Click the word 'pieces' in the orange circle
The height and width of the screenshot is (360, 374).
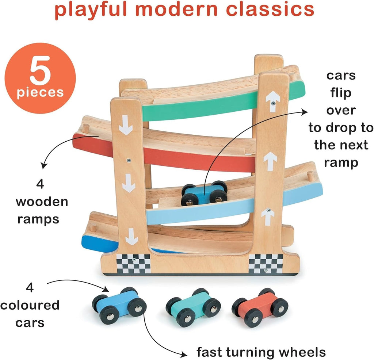click(x=41, y=92)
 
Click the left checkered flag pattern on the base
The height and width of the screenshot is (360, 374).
click(x=133, y=264)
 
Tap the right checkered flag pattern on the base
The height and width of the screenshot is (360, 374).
click(x=266, y=264)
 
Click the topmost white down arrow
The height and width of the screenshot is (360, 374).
click(x=126, y=125)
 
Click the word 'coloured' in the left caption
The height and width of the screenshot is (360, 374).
click(x=30, y=305)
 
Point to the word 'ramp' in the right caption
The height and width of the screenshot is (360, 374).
click(x=336, y=163)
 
